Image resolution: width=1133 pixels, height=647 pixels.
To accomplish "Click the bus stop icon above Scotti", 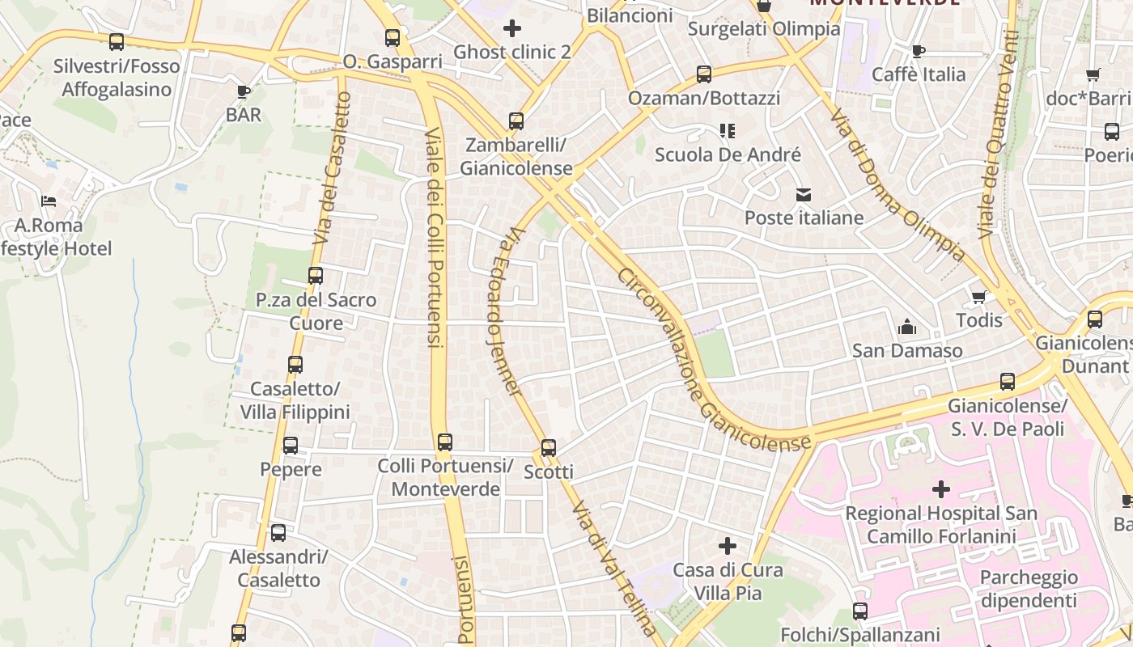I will coord(549,447).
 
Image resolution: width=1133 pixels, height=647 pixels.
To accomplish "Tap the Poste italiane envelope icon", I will coord(803,194).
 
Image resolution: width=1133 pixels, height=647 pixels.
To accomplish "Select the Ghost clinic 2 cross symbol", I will coord(511,29).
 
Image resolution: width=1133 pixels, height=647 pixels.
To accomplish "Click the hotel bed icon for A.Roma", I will coord(49,201).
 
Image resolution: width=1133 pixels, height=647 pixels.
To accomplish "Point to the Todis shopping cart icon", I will coord(979,297).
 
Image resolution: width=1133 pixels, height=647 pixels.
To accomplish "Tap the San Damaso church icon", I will coord(907,328).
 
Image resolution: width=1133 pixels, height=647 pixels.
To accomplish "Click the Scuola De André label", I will coord(728,154).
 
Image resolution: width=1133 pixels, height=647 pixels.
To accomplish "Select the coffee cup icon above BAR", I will coord(243,91).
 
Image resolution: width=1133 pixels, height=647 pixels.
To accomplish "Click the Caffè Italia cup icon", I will coord(919,52).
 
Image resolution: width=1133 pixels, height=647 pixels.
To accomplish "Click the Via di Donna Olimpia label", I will coord(897,185).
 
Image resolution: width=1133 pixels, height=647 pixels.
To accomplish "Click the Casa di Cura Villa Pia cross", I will coord(728,546).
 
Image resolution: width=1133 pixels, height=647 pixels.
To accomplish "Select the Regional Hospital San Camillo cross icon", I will coord(940,489).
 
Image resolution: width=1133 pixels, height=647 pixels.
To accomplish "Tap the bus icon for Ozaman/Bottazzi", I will coord(704,74).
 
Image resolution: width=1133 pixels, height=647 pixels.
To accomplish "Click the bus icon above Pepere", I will coord(291,445).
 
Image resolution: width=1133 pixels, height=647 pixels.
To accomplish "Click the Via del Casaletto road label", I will coord(333,168).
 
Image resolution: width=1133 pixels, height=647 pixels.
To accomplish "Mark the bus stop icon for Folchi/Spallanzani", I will coord(860,611).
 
